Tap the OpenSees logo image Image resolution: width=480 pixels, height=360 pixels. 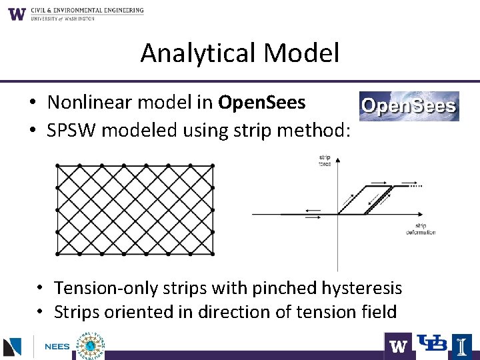[x=409, y=107]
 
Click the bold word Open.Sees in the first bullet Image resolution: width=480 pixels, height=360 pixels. [x=261, y=103]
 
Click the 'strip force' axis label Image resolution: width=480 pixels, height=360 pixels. [x=324, y=161]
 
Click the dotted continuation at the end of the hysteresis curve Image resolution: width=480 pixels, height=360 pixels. [x=416, y=187]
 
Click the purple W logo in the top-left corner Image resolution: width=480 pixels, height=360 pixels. [x=17, y=13]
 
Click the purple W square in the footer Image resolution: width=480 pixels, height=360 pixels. [x=398, y=345]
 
